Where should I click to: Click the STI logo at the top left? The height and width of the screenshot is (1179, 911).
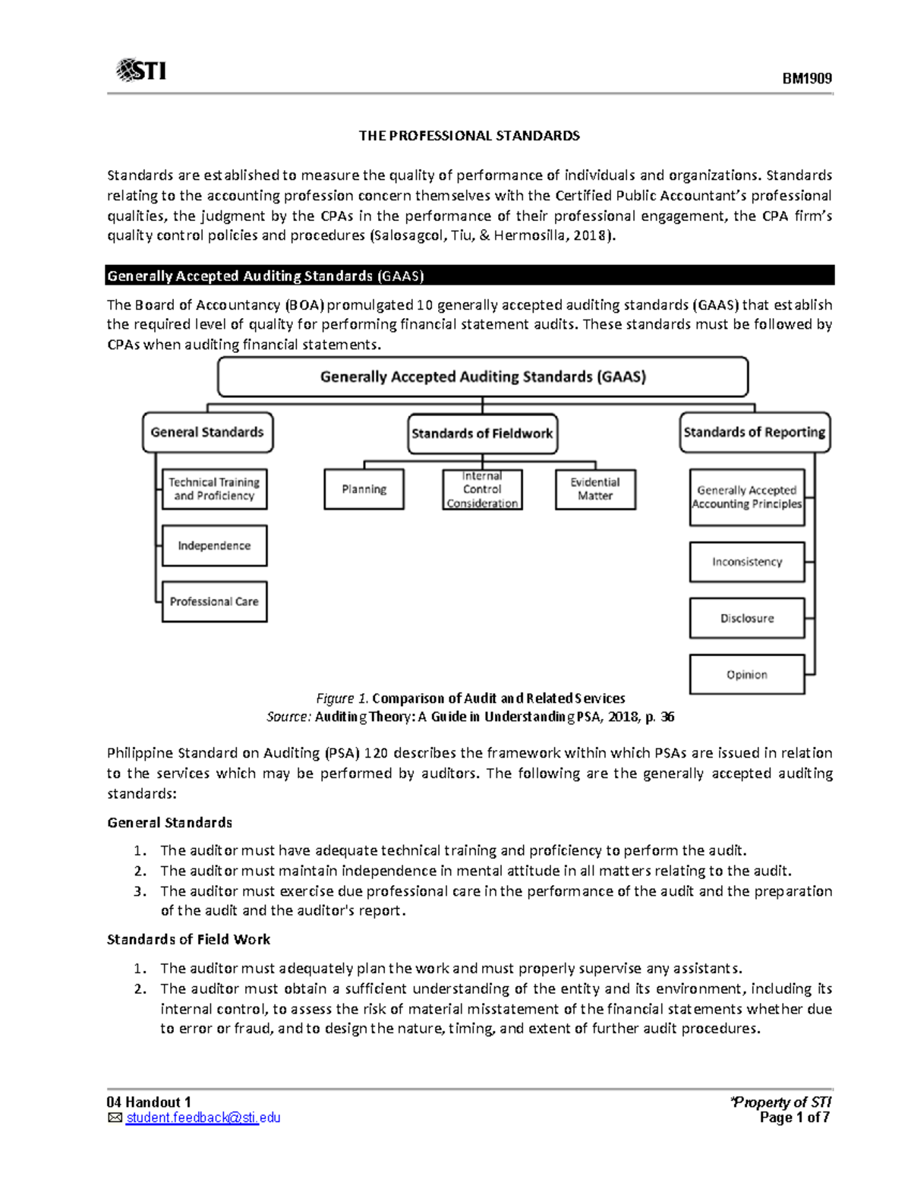coord(141,71)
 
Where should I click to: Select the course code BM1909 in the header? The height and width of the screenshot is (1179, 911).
coord(807,78)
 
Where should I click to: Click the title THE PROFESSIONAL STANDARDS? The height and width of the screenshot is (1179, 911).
coord(469,136)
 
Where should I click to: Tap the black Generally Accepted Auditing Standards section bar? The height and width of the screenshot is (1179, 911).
coord(469,276)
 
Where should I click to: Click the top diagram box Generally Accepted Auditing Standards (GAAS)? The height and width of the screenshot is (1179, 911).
coord(483,377)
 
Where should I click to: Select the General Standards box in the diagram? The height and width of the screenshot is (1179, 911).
coord(207,433)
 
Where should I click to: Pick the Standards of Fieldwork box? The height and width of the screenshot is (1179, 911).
coord(482,433)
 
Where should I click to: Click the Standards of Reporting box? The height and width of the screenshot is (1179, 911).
coord(754,433)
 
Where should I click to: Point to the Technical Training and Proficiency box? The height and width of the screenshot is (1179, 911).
coord(214,489)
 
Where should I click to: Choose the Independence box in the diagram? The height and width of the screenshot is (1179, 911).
coord(214,546)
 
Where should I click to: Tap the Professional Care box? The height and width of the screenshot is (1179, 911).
coord(214,601)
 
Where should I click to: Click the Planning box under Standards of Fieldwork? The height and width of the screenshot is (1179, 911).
coord(364,489)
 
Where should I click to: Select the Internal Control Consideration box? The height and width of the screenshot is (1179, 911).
coord(482,490)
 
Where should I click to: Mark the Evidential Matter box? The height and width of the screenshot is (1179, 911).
coord(595,489)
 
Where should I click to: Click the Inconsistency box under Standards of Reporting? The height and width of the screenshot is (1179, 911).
coord(746,562)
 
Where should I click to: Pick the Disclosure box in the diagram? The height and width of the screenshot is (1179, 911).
coord(746,618)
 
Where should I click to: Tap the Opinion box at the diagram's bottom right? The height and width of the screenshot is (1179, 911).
coord(746,674)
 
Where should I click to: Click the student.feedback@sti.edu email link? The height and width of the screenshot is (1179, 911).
coord(203,1118)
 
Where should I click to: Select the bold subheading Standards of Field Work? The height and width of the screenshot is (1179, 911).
coord(188,939)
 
